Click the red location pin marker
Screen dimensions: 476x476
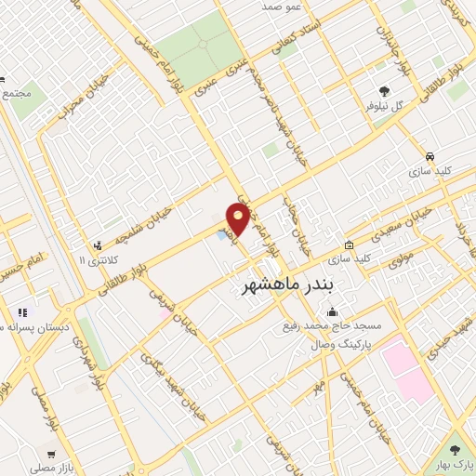(239, 218)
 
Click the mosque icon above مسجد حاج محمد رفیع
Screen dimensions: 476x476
(332, 311)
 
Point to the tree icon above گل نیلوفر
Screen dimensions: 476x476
(385, 90)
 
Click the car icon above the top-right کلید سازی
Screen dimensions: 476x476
(430, 155)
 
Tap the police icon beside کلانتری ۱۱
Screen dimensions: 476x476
(99, 246)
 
